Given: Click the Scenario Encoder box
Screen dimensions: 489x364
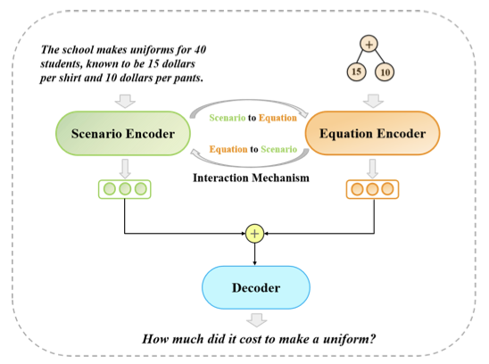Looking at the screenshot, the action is click(123, 133).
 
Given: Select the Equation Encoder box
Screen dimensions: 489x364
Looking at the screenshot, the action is click(372, 133).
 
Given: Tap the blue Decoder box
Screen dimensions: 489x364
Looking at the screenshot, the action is click(256, 287).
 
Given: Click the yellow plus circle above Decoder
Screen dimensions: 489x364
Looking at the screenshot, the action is click(255, 234).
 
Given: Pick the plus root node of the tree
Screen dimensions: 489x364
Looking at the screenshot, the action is click(369, 44).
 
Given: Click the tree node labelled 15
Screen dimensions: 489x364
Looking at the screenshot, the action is click(356, 71).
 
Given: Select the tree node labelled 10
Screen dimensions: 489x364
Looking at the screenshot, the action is click(385, 72).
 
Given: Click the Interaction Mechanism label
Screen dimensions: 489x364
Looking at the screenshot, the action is click(251, 178).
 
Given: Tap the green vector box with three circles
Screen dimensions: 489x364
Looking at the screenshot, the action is click(125, 189).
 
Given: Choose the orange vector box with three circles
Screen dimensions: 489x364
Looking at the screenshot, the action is click(372, 189).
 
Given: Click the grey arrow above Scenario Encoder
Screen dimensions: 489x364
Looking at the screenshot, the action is click(125, 101).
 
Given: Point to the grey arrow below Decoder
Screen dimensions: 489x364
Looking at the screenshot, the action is click(257, 320).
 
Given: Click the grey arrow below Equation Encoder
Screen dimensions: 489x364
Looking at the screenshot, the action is click(372, 169).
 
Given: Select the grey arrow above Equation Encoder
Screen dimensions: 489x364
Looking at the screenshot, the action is click(373, 101).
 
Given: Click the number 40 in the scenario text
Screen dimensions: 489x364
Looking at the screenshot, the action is click(200, 50).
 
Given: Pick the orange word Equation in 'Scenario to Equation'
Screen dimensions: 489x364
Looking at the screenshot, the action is click(278, 118).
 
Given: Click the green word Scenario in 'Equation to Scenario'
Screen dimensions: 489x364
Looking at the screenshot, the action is click(278, 149).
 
